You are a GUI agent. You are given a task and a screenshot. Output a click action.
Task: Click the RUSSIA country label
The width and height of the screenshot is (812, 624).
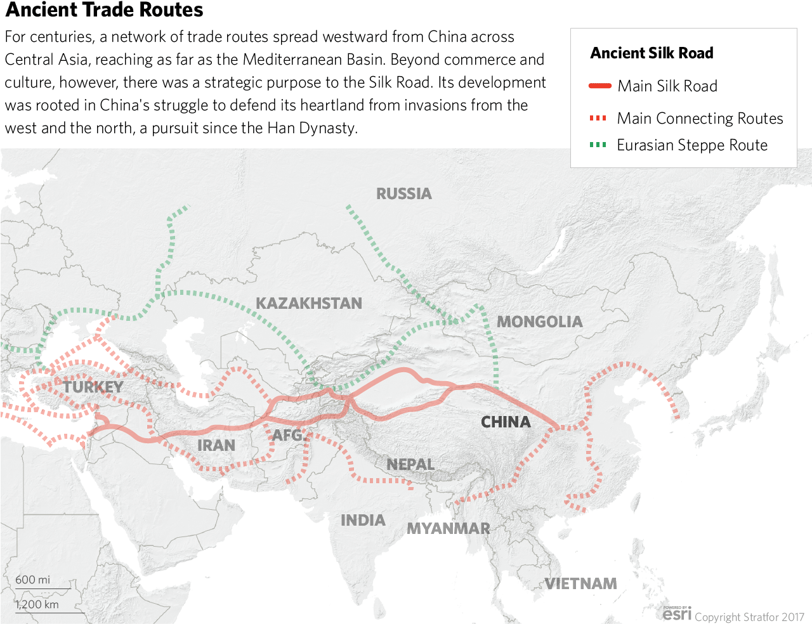tap(403, 193)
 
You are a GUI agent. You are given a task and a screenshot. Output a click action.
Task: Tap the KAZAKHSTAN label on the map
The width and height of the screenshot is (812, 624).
tap(309, 303)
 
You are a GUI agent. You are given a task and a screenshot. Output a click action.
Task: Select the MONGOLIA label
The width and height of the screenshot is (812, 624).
tap(539, 322)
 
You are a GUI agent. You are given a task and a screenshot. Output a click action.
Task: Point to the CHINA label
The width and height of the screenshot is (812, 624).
tap(506, 422)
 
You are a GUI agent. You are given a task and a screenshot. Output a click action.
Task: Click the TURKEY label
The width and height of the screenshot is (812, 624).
tap(93, 387)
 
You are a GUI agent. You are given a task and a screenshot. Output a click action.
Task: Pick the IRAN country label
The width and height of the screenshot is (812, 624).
tap(216, 445)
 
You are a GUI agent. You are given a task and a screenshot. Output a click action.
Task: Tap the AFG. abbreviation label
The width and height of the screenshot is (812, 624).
tap(289, 436)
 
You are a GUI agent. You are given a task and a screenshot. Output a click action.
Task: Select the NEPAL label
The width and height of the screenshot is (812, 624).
tap(410, 464)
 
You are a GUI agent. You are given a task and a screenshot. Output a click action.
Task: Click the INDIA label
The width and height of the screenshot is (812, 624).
tap(363, 520)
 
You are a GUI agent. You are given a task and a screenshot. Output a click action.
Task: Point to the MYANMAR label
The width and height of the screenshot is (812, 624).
tap(448, 528)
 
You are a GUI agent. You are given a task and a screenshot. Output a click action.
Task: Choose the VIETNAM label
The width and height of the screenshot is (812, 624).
tap(580, 583)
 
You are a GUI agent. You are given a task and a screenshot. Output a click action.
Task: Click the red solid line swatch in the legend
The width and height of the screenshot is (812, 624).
tap(599, 86)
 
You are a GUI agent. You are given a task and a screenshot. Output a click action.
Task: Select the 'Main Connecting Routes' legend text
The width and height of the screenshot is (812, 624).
tap(700, 119)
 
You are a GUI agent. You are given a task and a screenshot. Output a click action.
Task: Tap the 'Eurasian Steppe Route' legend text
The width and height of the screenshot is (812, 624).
tap(692, 145)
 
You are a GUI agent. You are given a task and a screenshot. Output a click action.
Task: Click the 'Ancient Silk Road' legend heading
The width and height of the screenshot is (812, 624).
tap(652, 53)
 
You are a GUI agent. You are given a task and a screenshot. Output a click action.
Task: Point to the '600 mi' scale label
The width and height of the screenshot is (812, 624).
tap(32, 580)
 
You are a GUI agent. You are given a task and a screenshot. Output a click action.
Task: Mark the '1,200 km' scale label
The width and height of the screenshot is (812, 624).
tap(37, 604)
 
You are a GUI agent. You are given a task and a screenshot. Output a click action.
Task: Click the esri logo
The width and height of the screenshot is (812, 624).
tap(677, 613)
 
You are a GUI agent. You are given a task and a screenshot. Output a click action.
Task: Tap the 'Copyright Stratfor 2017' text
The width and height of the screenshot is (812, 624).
tap(749, 617)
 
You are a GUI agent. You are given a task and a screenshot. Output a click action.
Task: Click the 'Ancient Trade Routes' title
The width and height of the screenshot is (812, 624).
tap(105, 10)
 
